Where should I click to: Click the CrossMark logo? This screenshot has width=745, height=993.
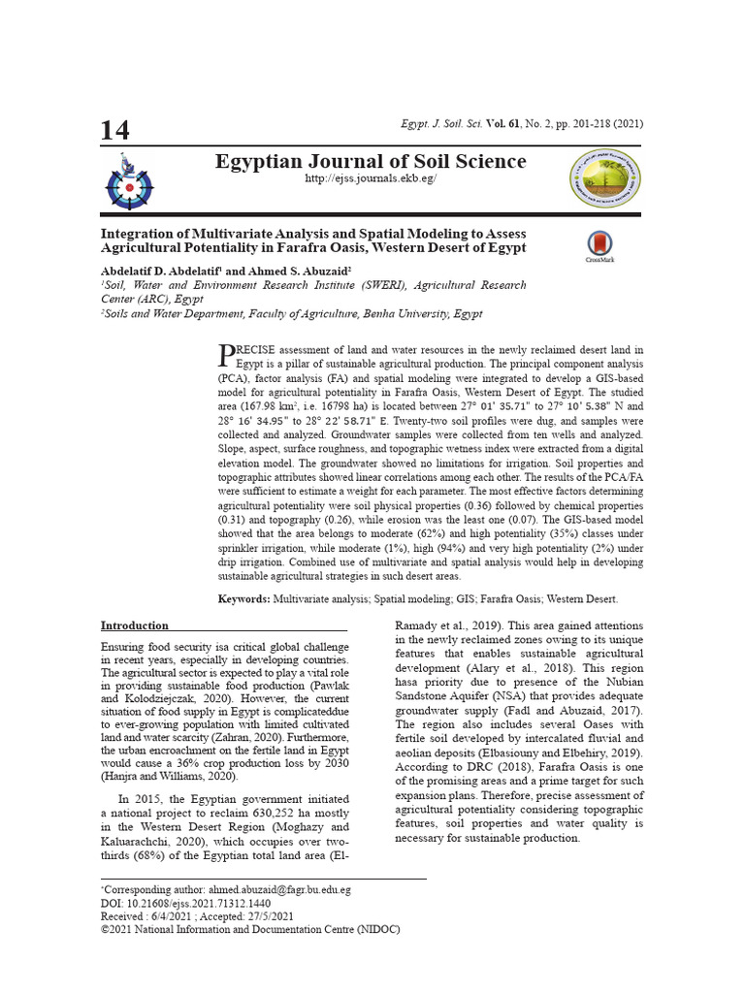pos(599,246)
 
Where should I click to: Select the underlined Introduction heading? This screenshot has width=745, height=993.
pos(135,625)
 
